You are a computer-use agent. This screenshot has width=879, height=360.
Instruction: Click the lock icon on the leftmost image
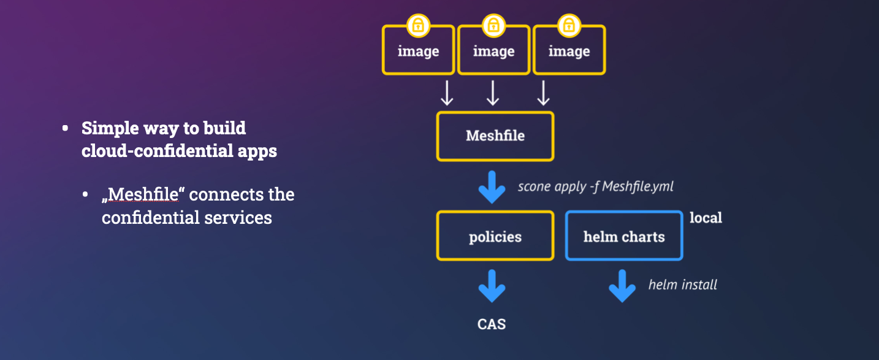pyautogui.click(x=418, y=26)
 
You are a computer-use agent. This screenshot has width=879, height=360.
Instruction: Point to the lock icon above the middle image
pyautogui.click(x=493, y=26)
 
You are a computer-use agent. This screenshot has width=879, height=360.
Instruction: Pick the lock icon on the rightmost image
pyautogui.click(x=569, y=26)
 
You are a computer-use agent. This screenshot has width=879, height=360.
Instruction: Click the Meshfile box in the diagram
pyautogui.click(x=495, y=136)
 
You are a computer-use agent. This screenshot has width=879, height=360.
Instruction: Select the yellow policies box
pyautogui.click(x=495, y=236)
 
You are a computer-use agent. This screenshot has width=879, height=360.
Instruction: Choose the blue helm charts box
pyautogui.click(x=624, y=236)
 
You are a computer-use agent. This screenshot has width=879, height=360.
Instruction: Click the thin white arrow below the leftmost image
pyautogui.click(x=447, y=93)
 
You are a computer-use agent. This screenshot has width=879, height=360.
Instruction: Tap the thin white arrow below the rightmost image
pyautogui.click(x=543, y=93)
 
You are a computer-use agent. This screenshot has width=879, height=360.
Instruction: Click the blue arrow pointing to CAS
pyautogui.click(x=492, y=286)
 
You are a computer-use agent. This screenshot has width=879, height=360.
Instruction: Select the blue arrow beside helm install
pyautogui.click(x=622, y=286)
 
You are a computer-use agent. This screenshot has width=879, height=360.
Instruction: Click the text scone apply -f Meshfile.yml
pyautogui.click(x=595, y=186)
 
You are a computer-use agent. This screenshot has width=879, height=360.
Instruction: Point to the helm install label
pyautogui.click(x=683, y=285)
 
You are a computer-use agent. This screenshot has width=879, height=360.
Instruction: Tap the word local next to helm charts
pyautogui.click(x=706, y=218)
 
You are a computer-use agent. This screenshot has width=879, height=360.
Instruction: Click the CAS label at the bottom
pyautogui.click(x=492, y=324)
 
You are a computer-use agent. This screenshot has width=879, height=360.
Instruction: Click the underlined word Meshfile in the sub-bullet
pyautogui.click(x=143, y=195)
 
